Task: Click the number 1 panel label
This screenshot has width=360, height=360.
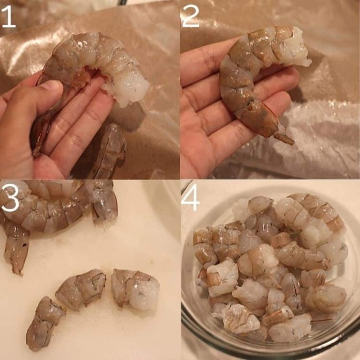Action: point(9,17)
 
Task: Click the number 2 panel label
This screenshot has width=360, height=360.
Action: point(191,16)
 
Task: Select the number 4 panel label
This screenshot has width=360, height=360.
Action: point(191,198)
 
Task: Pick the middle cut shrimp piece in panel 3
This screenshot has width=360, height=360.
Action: point(81,290)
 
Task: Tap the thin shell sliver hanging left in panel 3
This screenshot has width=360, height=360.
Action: point(17,248)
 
